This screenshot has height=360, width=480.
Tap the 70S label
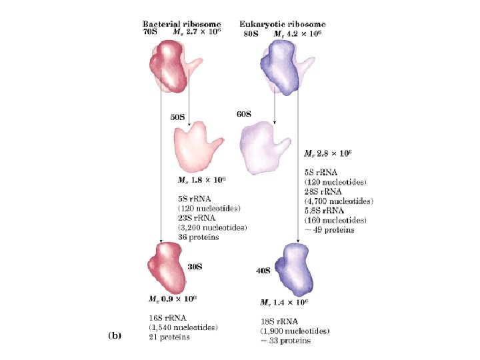pos(150,32)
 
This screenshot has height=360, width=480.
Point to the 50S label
pos(177,117)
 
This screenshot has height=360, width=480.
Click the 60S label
pos(244,114)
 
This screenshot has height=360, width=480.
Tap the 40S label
pos(263,271)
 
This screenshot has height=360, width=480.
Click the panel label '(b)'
pos(114,336)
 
